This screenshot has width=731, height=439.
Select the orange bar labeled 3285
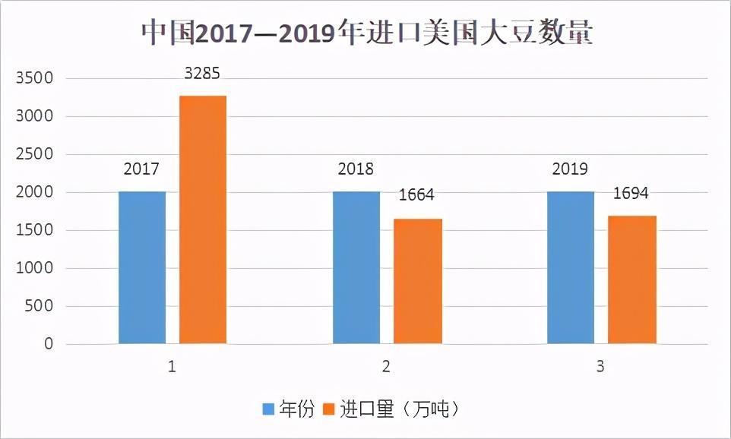tap(203, 219)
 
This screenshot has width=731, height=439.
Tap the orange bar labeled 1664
tap(417, 281)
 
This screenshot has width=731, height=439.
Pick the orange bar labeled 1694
tap(632, 280)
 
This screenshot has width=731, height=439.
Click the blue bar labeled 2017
tap(142, 267)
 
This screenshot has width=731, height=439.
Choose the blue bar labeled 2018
tap(356, 267)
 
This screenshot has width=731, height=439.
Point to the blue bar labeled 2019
tap(571, 267)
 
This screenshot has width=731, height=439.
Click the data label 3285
tap(203, 74)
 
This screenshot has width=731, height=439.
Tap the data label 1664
tap(416, 196)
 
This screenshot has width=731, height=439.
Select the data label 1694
tap(631, 193)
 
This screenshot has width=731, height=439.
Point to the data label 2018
tap(356, 169)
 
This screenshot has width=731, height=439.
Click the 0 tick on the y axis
tap(49, 344)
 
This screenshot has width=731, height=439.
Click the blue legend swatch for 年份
tap(268, 409)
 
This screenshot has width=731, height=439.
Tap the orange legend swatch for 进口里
tap(329, 409)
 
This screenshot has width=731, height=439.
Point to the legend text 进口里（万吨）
tap(400, 409)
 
